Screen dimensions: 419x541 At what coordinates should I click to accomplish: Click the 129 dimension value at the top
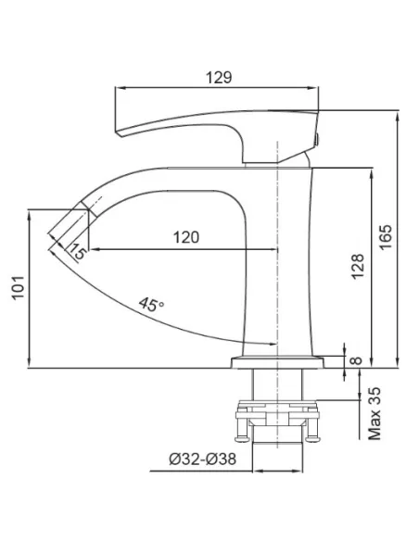tap(219, 78)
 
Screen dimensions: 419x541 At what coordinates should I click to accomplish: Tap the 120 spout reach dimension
tap(186, 237)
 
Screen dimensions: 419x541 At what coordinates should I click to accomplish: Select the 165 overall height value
tap(386, 237)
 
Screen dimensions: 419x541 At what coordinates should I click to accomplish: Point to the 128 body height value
tap(357, 266)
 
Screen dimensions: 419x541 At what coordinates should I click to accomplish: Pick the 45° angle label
tap(151, 304)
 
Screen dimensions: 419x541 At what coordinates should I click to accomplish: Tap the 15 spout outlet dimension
tap(77, 251)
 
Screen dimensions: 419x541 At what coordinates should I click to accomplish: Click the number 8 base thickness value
tap(356, 360)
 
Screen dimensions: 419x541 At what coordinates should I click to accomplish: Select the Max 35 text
tap(375, 413)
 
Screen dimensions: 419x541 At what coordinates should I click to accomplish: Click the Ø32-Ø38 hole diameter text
tap(203, 459)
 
